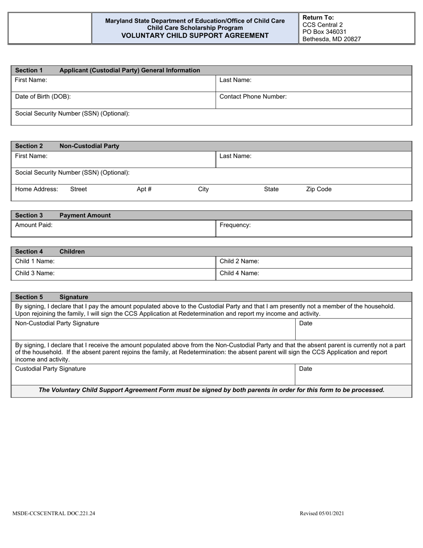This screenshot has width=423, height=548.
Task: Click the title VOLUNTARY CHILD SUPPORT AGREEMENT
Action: [195, 36]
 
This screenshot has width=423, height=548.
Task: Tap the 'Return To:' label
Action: [318, 18]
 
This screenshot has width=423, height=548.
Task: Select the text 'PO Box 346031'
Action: [324, 32]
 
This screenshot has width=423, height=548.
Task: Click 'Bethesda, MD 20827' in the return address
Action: [331, 39]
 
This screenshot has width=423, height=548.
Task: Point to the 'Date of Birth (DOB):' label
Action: [43, 96]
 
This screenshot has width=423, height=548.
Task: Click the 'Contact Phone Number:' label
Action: [253, 96]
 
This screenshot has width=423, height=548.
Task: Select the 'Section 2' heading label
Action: [29, 146]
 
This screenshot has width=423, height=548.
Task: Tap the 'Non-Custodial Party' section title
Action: [89, 146]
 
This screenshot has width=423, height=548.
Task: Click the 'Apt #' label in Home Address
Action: [144, 189]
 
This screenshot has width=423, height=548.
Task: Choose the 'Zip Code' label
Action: [318, 189]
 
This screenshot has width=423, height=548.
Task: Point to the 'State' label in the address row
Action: [271, 189]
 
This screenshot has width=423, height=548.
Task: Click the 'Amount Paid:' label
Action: [34, 225]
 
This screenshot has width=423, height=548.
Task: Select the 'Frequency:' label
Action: [235, 225]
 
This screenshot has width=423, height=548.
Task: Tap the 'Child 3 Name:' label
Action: [35, 273]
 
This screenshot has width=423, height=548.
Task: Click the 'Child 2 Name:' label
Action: [239, 261]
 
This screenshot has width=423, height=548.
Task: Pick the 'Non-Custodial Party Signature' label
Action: [57, 323]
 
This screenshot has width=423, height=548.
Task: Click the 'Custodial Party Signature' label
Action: [50, 368]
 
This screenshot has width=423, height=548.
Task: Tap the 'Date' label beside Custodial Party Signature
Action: [305, 368]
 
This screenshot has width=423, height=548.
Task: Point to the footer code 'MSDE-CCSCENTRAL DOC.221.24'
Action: [54, 513]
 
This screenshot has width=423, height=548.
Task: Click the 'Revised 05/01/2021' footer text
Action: [321, 513]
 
